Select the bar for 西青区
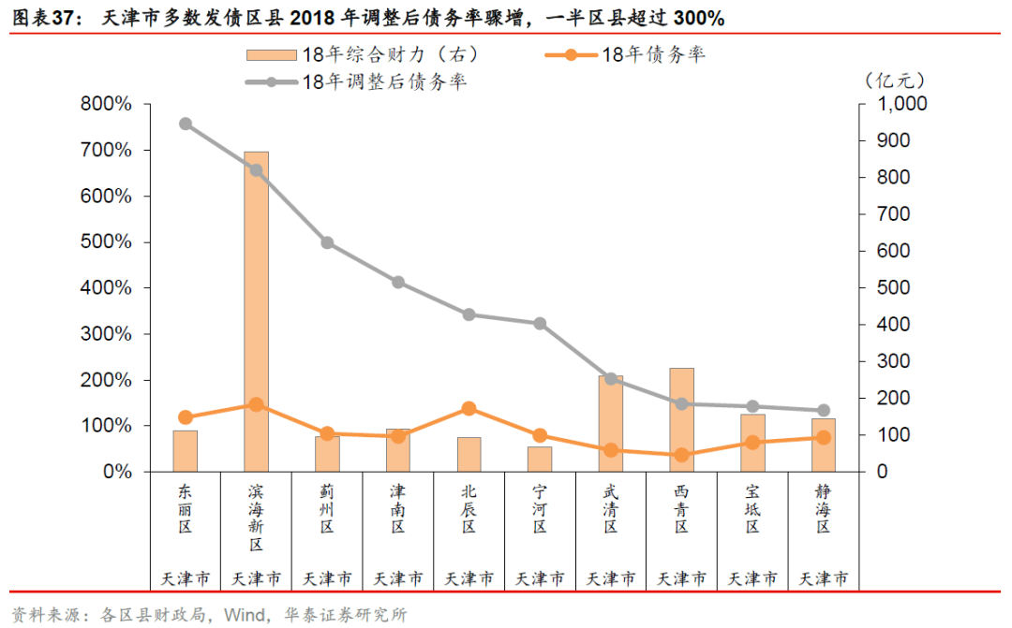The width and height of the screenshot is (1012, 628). [x=682, y=420]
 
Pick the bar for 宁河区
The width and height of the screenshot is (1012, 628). [x=540, y=460]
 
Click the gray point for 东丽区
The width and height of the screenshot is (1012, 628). [x=186, y=124]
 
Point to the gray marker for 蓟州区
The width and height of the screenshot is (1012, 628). [x=327, y=242]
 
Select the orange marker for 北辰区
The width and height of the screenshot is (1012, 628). [x=469, y=408]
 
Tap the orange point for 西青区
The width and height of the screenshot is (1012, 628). [x=682, y=455]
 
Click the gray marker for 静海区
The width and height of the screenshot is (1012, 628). [x=824, y=410]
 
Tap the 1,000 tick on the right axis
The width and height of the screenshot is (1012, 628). [x=900, y=104]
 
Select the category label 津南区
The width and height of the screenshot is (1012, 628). [x=398, y=507]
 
